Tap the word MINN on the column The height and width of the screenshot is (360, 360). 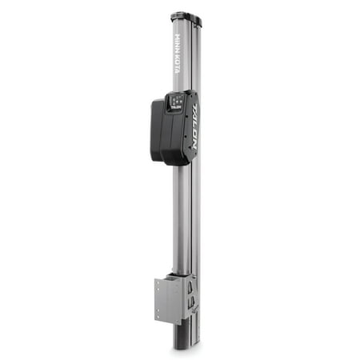click(180, 42)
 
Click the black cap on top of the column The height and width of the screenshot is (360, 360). click(186, 17)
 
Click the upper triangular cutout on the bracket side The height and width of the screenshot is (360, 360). click(190, 285)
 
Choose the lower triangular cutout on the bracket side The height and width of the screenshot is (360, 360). click(191, 305)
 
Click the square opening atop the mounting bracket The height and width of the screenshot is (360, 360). click(177, 276)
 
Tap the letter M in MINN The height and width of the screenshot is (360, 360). click(180, 36)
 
